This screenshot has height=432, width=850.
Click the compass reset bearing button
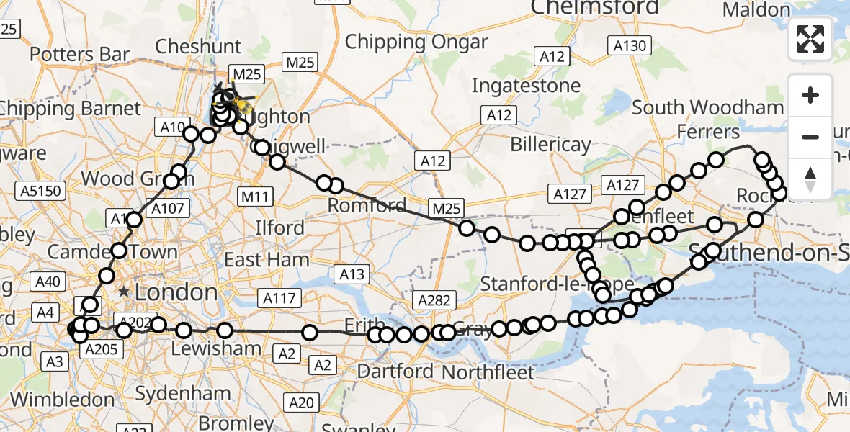point(810,179)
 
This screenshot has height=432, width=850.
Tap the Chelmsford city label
point(594,7)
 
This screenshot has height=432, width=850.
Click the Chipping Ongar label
point(416,42)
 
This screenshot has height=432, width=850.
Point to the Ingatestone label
point(526,86)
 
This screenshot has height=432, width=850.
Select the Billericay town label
point(550,144)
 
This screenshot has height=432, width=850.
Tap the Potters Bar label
point(80,54)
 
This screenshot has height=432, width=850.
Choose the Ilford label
point(280,228)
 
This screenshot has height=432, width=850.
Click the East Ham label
point(267,259)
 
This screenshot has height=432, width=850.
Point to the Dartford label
point(395,372)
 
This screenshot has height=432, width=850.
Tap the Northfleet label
point(488,373)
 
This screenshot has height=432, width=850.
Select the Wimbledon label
point(62,400)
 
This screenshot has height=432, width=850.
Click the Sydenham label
point(183,395)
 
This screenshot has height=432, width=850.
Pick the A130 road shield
point(630,47)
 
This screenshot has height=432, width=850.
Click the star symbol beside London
point(125,292)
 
